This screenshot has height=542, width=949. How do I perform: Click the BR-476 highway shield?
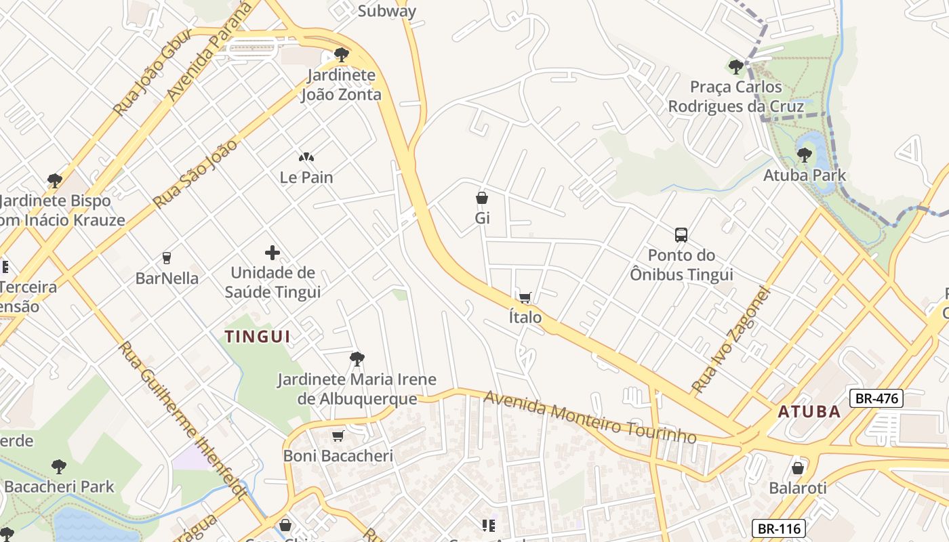coord(876,398)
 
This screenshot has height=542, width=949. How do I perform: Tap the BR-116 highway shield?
coord(779,528)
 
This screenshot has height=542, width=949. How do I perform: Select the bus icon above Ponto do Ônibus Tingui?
coord(681,235)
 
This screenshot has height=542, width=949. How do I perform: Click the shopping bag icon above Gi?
coord(482,198)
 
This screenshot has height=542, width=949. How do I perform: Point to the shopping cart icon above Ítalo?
coord(525,297)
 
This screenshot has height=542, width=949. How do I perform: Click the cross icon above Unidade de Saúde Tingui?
coord(272,253)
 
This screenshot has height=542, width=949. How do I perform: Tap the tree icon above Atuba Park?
coord(804,155)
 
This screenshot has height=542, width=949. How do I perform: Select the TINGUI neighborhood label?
coord(258,336)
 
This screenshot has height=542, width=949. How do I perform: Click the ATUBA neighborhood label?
coord(809,411)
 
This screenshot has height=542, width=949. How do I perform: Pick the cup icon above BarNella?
coord(167,258)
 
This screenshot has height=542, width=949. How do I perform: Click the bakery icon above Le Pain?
coord(306,157)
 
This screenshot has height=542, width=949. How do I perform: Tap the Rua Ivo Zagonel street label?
coord(732,340)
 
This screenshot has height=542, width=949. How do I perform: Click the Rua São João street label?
coord(195,173)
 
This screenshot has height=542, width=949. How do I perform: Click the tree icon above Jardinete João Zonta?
coord(342,55)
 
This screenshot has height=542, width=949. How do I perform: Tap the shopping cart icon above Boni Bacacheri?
coord(338,436)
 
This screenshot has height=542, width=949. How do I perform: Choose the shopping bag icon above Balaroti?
coord(798,468)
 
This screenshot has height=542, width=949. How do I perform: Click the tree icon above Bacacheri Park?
coord(59,466)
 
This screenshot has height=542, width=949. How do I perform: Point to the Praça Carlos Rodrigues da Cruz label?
coord(736,97)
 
